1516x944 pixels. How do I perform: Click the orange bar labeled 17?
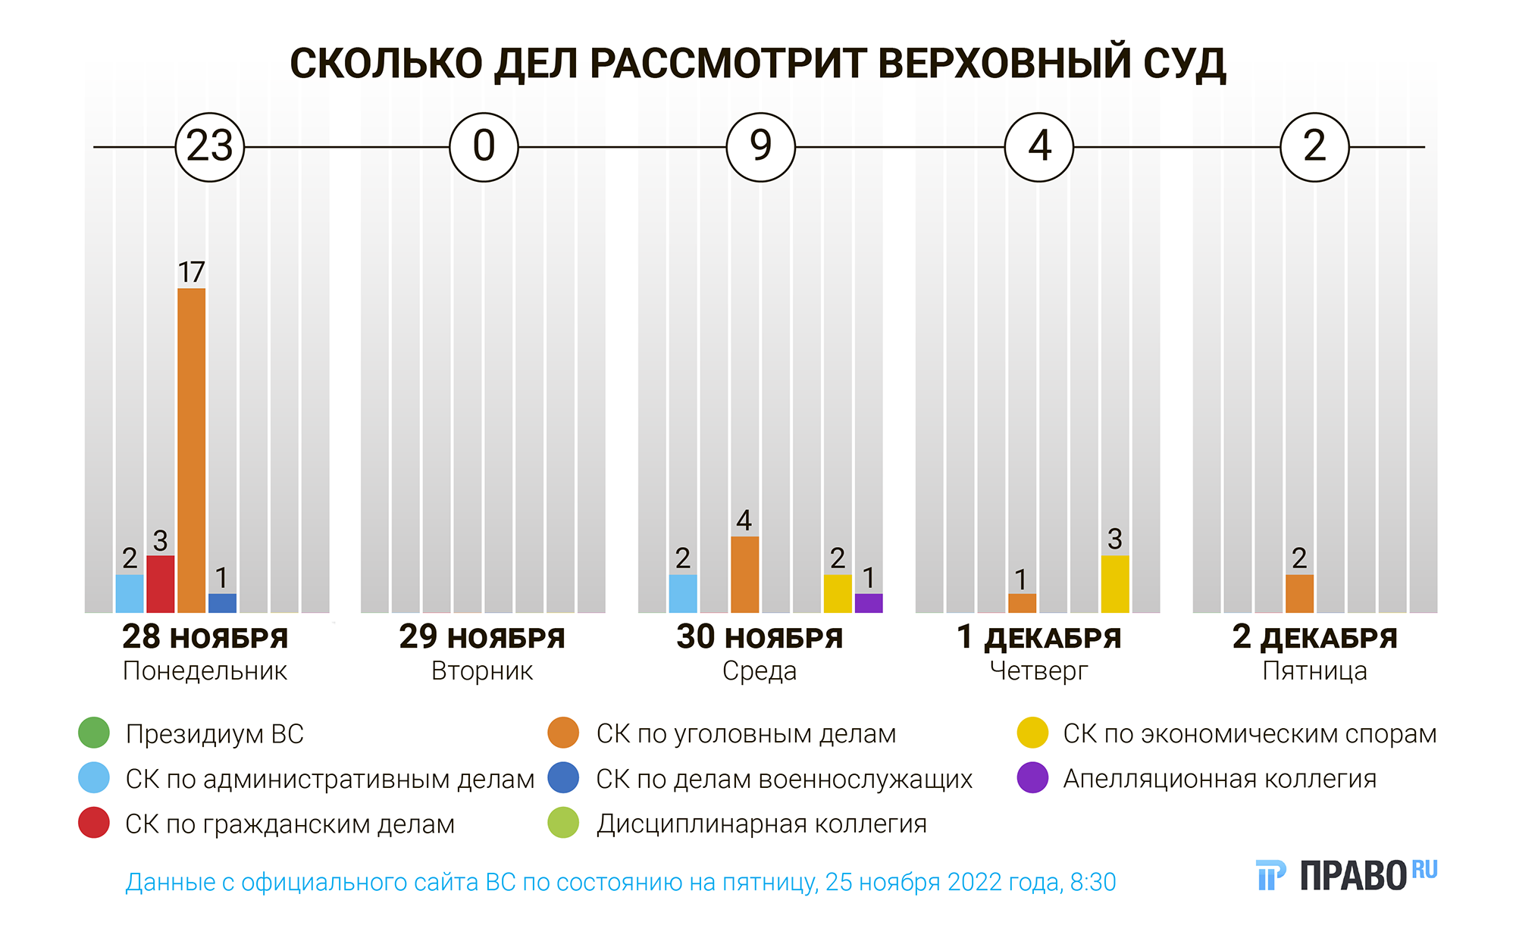191,450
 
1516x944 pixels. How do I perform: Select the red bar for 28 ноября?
160,584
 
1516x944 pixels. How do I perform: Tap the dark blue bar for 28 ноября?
222,603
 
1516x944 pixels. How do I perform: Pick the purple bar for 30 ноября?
869,603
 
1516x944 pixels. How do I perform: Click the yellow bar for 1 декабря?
1114,584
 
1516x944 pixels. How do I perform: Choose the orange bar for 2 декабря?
1299,593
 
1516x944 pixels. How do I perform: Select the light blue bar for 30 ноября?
683,593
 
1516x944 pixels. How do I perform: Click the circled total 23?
210,147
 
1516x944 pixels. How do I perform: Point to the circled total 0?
484,147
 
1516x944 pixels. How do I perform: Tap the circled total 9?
760,147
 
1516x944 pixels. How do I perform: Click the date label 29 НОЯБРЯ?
482,638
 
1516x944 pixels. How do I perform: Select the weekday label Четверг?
1038,671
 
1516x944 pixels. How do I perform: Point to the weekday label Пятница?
1314,671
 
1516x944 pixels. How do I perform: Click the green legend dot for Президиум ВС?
94,733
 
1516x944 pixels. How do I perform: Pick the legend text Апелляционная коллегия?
1220,779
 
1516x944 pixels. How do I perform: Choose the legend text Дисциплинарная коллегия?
761,824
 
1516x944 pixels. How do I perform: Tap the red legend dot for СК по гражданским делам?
94,824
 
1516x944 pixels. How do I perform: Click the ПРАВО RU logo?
1346,876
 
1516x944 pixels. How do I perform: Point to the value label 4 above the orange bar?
744,520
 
